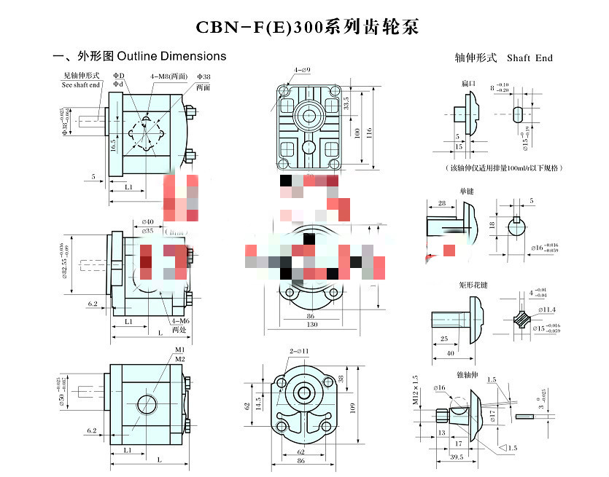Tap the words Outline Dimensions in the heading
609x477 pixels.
[x=171, y=56]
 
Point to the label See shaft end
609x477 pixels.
[x=81, y=84]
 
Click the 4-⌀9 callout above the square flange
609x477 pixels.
[x=302, y=70]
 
